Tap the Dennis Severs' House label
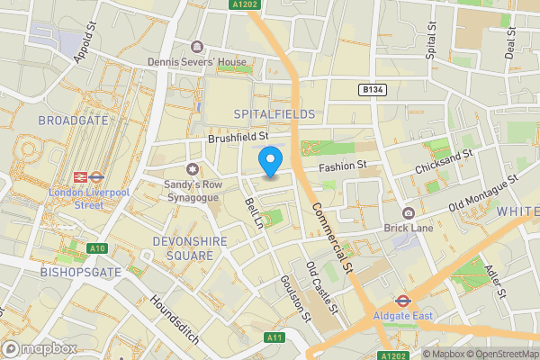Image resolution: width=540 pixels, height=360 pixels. click(x=197, y=62)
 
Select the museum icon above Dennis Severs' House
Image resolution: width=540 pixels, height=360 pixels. click(x=197, y=47)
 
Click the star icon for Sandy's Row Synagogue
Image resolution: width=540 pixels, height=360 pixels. click(x=191, y=169)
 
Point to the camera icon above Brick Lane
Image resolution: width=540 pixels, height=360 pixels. click(x=409, y=212)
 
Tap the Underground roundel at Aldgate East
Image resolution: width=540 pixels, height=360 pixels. click(x=401, y=301)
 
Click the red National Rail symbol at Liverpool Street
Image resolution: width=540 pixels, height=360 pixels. click(x=79, y=177)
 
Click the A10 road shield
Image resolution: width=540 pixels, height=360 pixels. click(x=97, y=247)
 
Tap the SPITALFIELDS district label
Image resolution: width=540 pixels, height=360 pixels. click(x=274, y=114)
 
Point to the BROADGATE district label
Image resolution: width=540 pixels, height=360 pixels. click(x=74, y=120)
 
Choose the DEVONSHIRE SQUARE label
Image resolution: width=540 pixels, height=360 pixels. click(x=171, y=248)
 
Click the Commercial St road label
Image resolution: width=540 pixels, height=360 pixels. click(x=332, y=238)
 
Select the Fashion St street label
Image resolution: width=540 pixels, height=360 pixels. click(x=344, y=166)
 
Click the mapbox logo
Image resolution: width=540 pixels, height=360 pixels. click(x=40, y=347)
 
